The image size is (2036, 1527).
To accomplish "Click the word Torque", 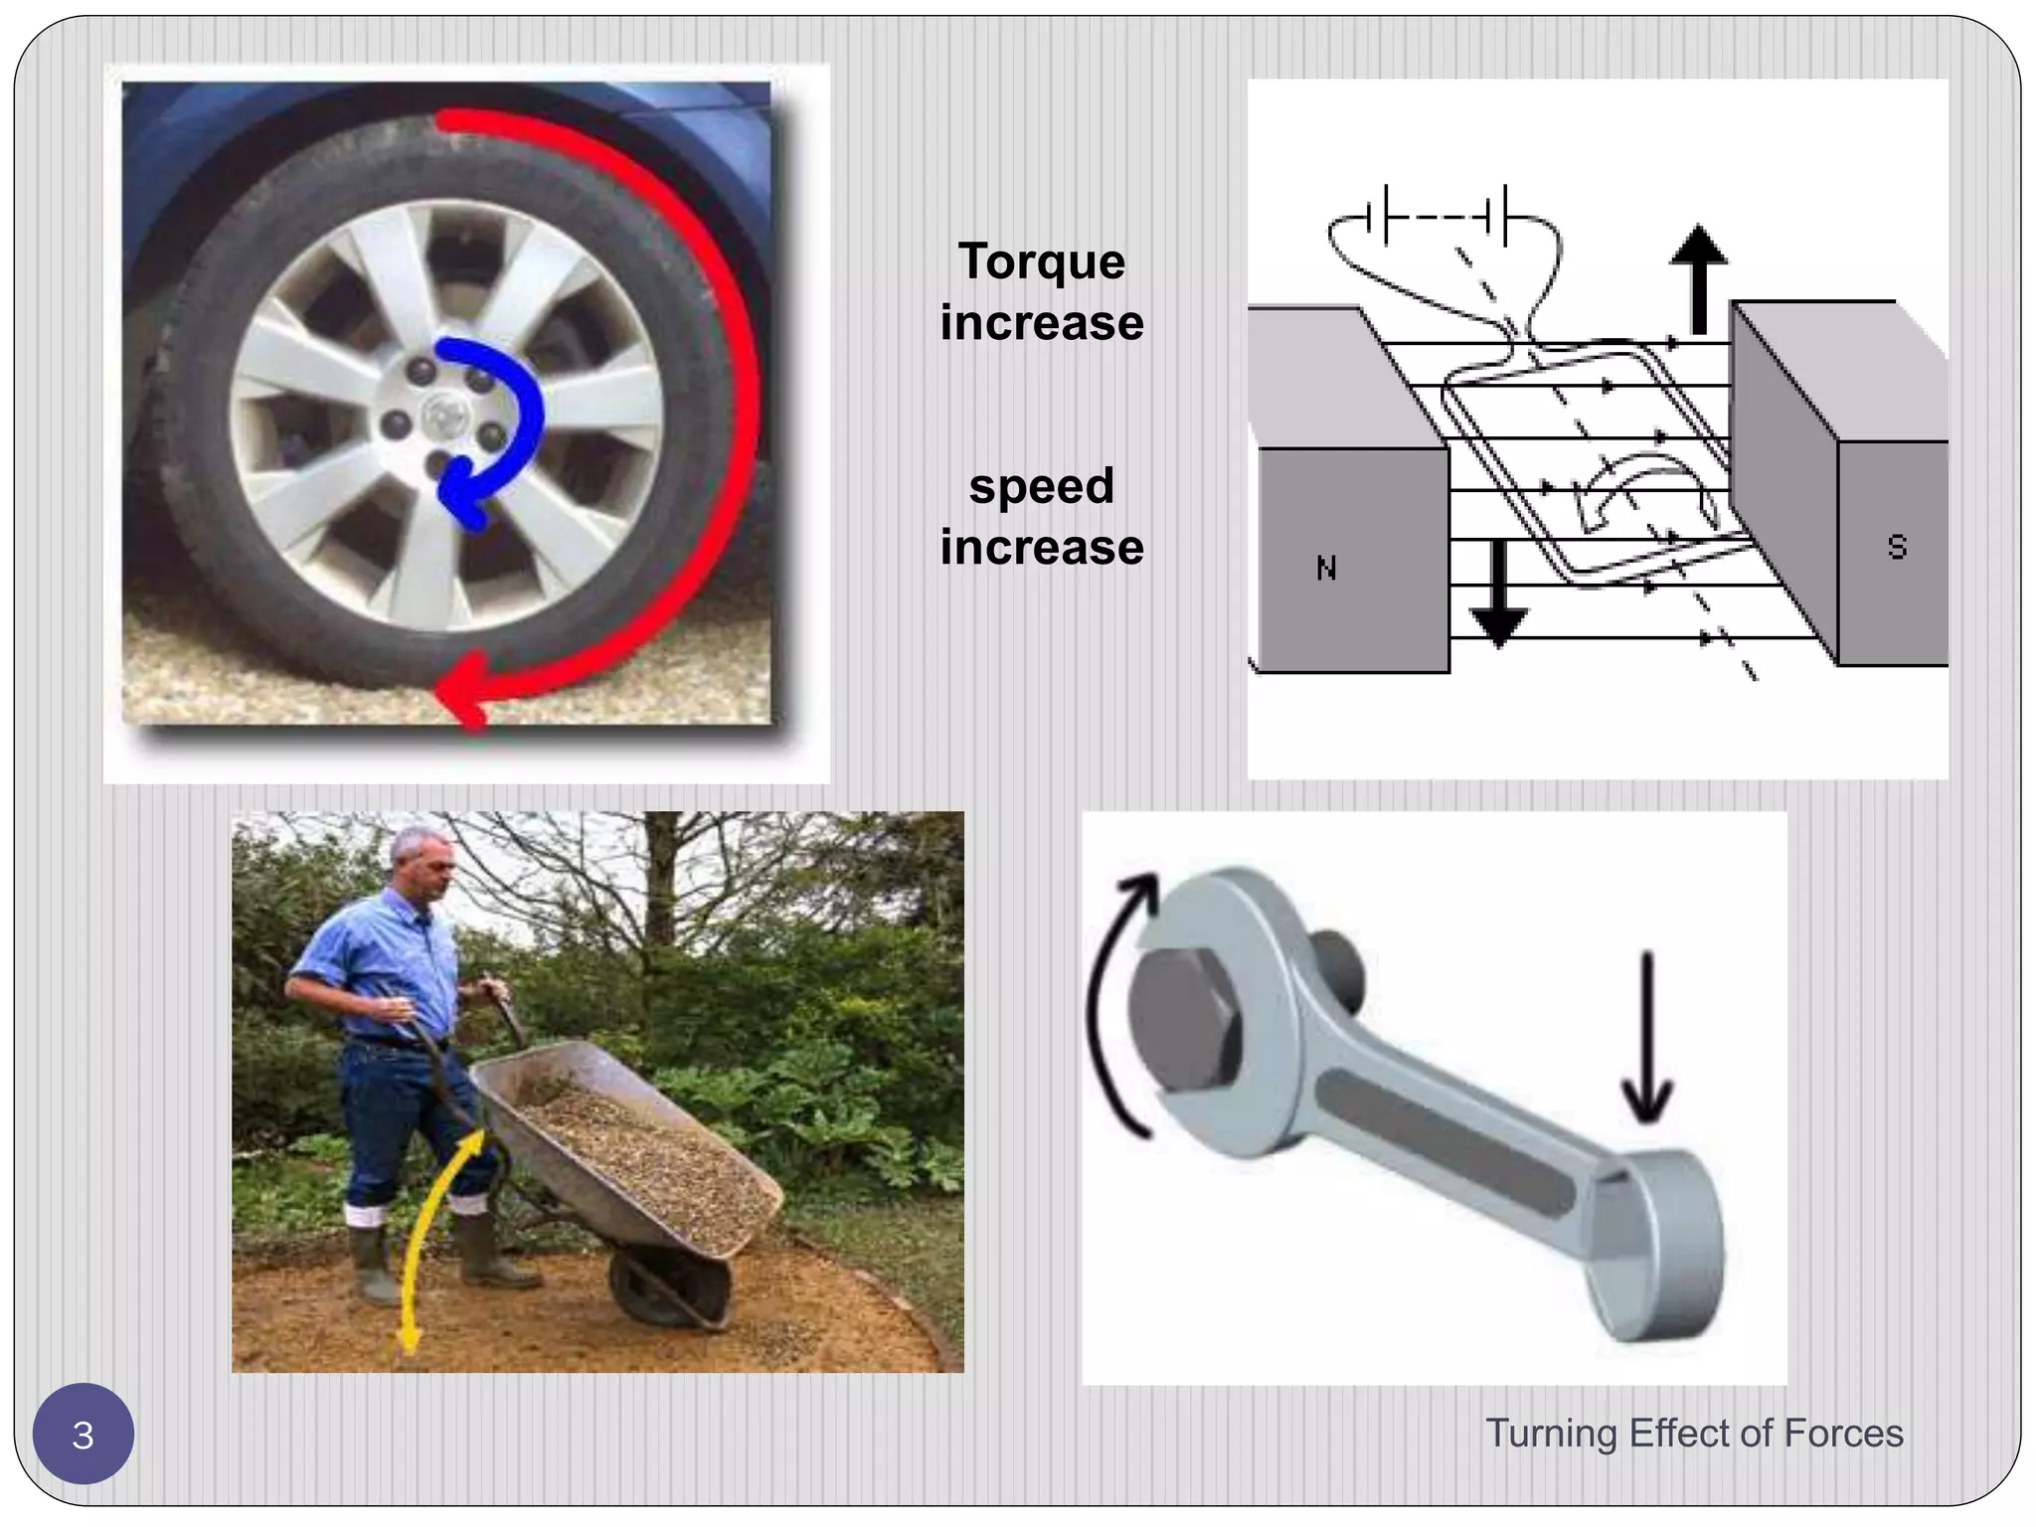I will point(1041,262).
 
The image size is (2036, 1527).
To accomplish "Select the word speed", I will point(1041,487).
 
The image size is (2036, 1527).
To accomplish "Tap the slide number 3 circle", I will point(84,1435).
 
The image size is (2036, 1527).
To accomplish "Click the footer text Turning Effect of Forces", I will point(1694,1434).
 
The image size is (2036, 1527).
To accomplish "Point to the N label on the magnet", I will point(1325,569).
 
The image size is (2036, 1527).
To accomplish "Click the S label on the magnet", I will point(1896,548).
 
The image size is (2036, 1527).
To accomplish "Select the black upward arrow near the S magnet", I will point(1698,278).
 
